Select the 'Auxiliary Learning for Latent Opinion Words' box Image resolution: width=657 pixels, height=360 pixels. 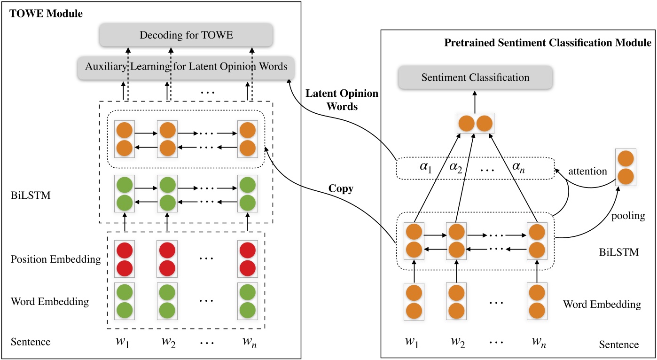186,66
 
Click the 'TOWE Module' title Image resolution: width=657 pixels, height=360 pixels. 46,13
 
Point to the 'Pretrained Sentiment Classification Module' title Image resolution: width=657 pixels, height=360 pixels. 547,43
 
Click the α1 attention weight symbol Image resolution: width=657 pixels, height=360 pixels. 426,167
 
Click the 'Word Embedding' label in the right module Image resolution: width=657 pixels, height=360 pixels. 602,304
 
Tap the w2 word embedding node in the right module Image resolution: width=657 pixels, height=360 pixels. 456,302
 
